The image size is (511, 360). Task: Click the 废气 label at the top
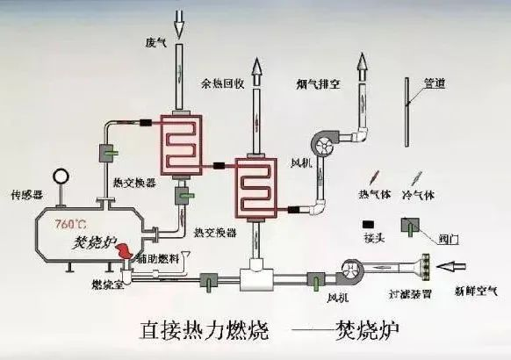coord(155,43)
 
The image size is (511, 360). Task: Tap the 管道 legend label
coord(434,84)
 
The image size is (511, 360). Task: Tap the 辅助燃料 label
coord(161,257)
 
